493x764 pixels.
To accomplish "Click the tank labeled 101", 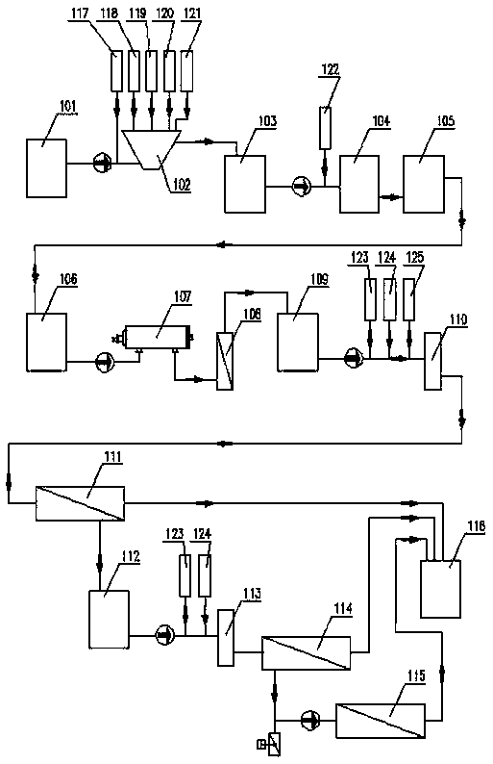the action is (x=46, y=168).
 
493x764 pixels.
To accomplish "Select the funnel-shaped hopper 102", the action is (x=152, y=149).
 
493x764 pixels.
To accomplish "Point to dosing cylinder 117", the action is (x=116, y=70).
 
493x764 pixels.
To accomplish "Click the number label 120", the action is (x=165, y=13).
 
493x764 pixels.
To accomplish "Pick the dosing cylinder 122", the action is (x=325, y=128).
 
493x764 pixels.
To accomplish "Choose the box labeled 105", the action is (x=424, y=184).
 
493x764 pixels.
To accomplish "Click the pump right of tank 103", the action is (x=302, y=186).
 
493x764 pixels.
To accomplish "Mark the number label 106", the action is (x=68, y=279).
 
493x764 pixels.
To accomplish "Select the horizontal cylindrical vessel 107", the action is (x=157, y=337).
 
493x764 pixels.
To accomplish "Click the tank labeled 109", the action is (x=298, y=342).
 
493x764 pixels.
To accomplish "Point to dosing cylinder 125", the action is (x=409, y=298).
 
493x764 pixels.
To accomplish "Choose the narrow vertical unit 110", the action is (x=432, y=361).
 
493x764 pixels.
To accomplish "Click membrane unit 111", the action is (x=80, y=503).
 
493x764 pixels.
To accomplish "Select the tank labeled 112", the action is (x=109, y=620).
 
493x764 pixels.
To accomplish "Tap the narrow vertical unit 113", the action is (x=225, y=637).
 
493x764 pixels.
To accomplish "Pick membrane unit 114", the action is (x=307, y=653).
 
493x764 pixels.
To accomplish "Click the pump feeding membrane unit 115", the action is (x=309, y=719).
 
